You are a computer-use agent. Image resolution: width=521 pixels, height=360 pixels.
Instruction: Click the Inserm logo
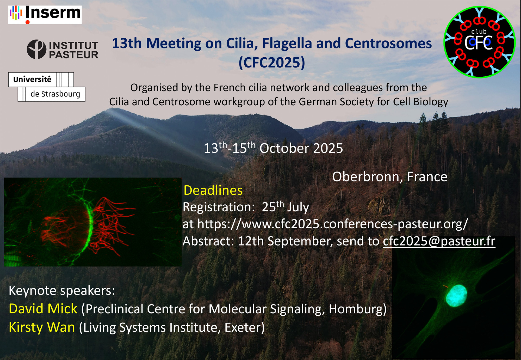pos(45,15)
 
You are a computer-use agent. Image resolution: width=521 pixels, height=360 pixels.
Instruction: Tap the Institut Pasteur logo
pos(63,49)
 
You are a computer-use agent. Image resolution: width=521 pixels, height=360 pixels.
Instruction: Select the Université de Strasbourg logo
pos(47,87)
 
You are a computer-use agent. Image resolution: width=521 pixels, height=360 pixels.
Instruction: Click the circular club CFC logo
pos(479,42)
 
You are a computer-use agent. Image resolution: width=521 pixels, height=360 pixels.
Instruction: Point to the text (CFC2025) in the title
pos(272,63)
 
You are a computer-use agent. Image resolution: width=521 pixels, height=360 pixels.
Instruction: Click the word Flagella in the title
pos(287,43)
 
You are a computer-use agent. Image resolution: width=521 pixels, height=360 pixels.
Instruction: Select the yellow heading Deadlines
pos(213,190)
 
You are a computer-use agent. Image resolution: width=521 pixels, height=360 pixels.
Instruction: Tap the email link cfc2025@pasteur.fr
pos(439,241)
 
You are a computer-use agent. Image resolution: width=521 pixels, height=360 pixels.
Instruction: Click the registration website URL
pos(333,224)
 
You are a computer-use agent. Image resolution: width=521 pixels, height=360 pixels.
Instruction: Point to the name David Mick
pos(43,309)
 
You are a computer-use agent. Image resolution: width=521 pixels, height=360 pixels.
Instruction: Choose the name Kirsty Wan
pos(42,327)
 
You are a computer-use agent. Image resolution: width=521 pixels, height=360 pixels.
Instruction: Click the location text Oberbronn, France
pos(390,177)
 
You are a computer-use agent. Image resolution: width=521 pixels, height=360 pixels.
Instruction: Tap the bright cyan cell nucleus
pos(456,295)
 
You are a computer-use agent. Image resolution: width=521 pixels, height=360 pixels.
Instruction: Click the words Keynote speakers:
pos(62,290)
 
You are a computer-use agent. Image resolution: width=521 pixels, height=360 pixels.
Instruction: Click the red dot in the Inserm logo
pos(28,22)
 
